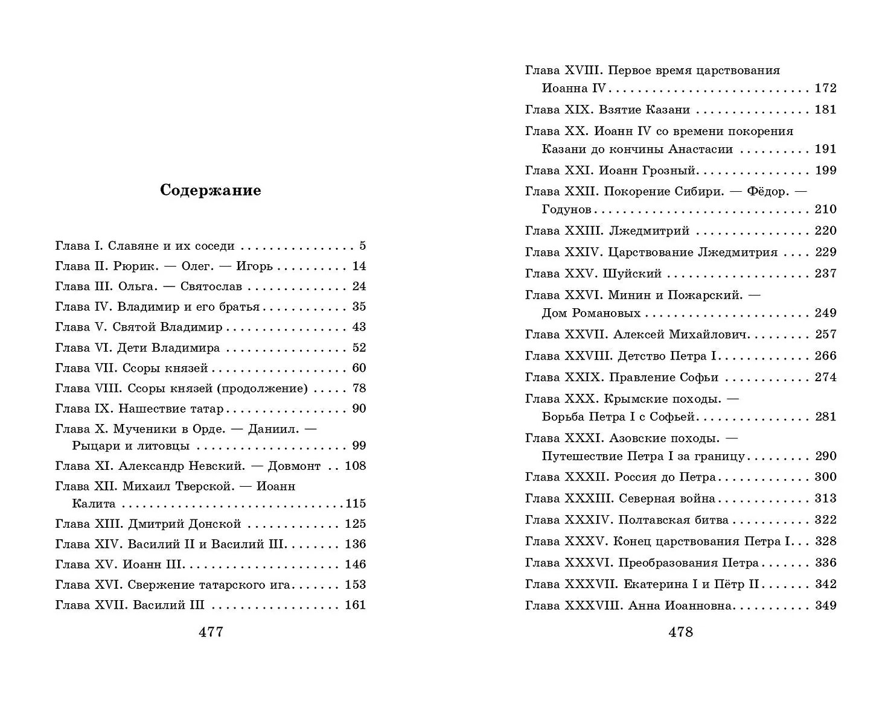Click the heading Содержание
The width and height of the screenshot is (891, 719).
[x=210, y=191]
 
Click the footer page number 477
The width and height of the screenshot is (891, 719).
[x=211, y=632]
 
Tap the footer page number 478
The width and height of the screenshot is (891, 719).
[x=680, y=632]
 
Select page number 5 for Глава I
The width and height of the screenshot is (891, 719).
[x=362, y=246]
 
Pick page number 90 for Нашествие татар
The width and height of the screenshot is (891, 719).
[x=359, y=409]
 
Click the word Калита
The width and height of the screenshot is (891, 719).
[x=93, y=504]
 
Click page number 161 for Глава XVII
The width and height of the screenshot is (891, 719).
[x=355, y=605]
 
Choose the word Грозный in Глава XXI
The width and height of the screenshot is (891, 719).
[x=670, y=171]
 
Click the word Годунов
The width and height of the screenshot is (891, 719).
[x=566, y=210]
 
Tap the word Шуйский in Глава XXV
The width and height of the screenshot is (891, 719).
[x=632, y=274]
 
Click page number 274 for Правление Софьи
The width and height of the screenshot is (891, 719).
[x=825, y=378]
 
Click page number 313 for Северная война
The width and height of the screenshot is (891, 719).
[x=825, y=499]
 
